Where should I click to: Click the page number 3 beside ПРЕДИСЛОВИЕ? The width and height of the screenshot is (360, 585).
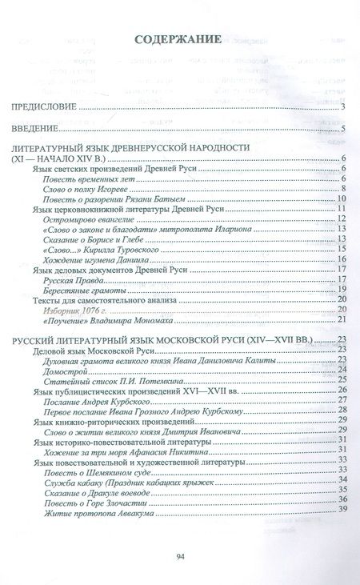click(x=342, y=108)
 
